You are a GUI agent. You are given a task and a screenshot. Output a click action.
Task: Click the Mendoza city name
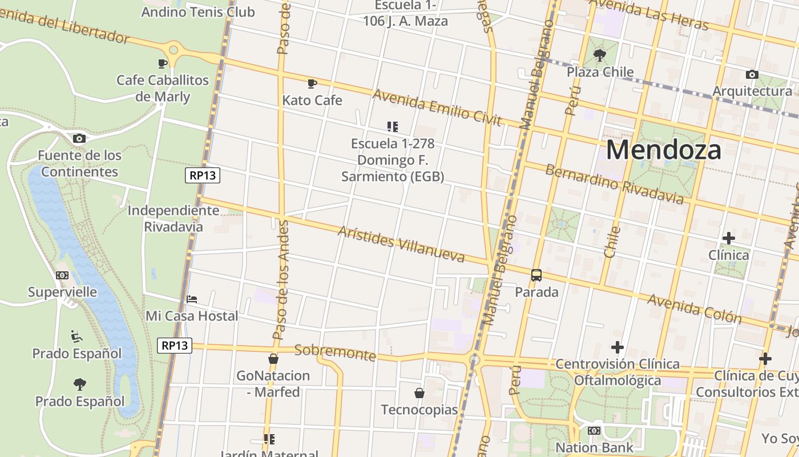coord(663,150)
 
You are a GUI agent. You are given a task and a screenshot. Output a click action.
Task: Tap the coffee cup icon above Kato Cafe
coord(312,83)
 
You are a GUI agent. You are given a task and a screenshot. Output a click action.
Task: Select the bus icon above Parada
coord(536,275)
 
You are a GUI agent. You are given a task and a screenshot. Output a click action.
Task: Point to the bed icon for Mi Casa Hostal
coord(192,299)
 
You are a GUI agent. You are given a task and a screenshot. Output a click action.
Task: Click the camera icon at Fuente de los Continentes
coord(79,138)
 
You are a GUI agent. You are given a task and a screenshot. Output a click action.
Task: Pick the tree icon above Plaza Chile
coord(599,55)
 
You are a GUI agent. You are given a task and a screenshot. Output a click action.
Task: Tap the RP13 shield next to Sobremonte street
coord(175,346)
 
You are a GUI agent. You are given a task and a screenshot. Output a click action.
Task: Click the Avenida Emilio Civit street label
coord(437,107)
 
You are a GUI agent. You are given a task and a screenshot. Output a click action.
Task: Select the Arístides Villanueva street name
coord(401,244)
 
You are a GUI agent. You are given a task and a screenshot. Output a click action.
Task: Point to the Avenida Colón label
coord(694,308)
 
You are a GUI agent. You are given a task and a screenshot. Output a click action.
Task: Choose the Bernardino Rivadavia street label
coord(614,184)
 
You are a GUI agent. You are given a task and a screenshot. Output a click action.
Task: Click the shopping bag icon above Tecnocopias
coord(419,393)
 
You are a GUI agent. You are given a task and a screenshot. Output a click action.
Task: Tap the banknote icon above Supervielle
coord(62,275)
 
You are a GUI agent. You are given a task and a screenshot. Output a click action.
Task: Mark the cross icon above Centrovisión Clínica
coord(617,347)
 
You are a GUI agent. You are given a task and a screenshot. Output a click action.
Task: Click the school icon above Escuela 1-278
coord(392,126)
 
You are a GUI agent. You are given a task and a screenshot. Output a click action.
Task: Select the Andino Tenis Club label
coord(197,11)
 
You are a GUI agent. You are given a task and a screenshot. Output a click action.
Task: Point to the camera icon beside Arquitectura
coord(752,74)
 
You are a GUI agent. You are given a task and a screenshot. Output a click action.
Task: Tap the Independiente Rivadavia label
coord(173,218)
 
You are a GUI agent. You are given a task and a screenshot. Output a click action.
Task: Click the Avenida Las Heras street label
coord(648,14)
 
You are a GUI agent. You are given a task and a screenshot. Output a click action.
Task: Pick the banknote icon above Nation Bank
coord(594,431)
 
